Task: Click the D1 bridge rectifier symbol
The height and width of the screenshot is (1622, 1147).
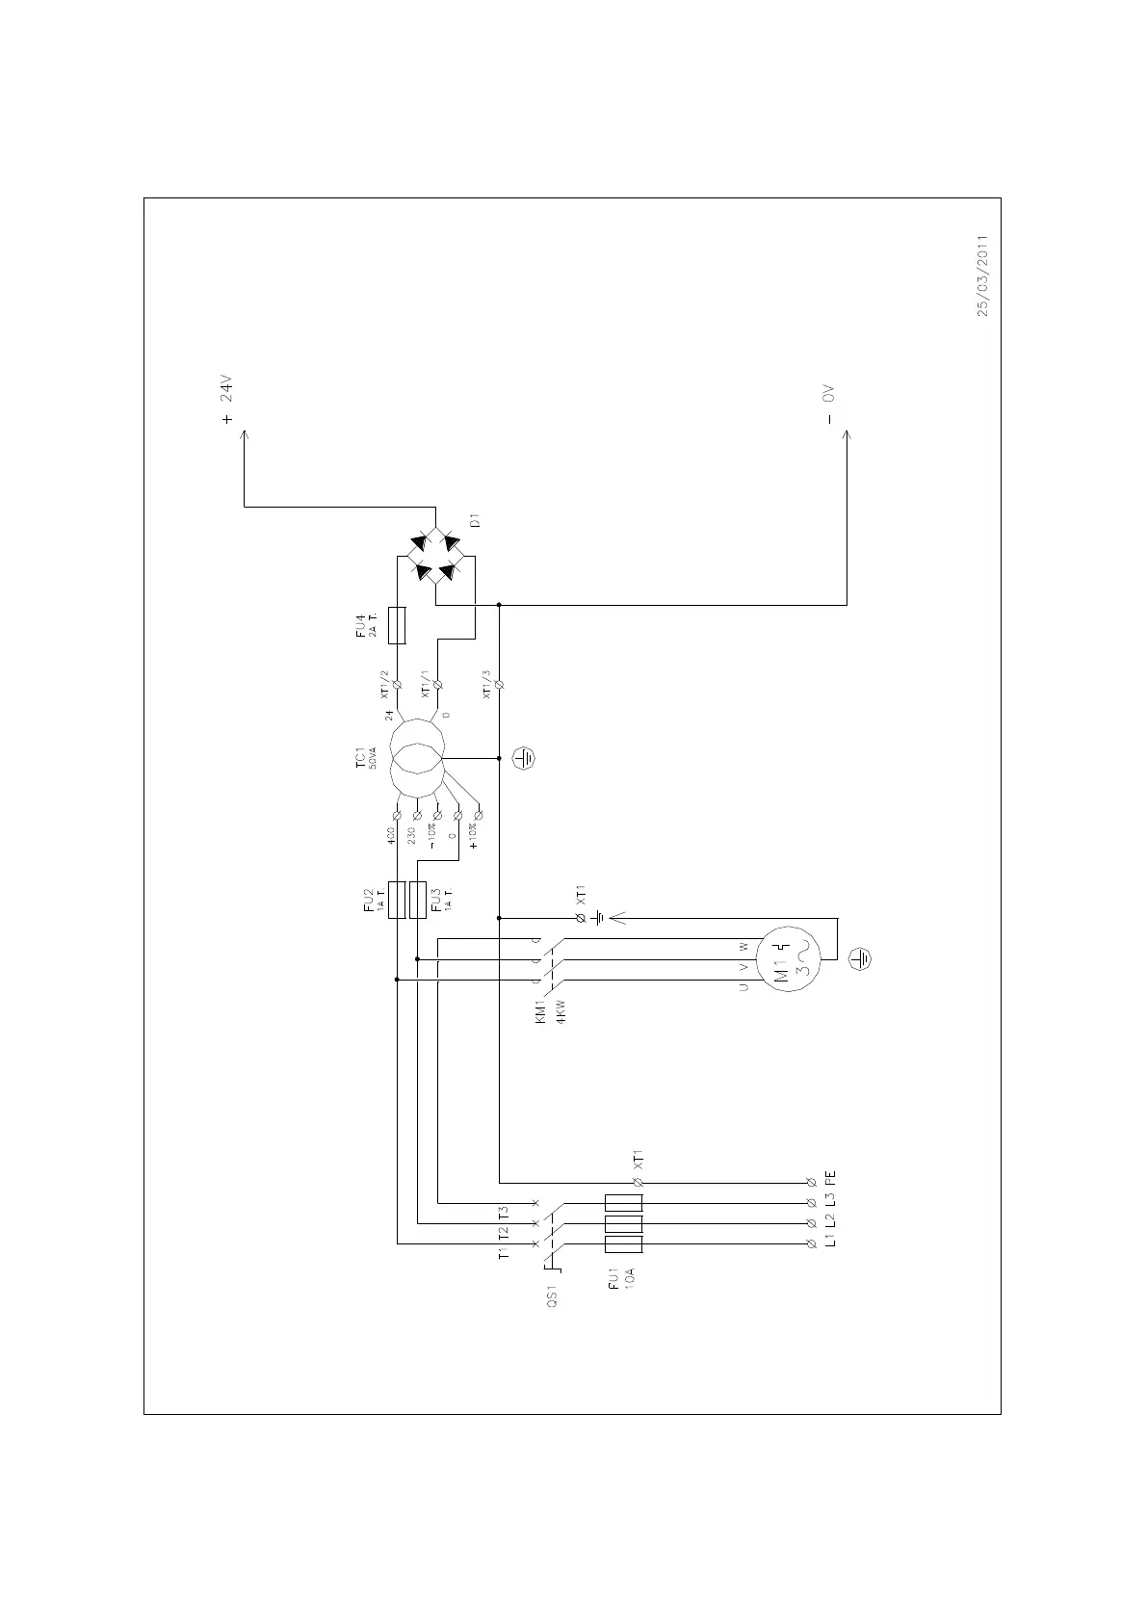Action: coord(436,558)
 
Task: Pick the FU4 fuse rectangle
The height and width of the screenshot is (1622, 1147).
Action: coord(397,625)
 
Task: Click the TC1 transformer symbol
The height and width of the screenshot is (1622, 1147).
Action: coord(416,758)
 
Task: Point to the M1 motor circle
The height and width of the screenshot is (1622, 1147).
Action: coord(788,960)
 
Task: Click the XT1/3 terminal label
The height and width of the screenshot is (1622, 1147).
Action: coord(487,686)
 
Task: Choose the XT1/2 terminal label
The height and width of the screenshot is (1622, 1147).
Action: coord(385,685)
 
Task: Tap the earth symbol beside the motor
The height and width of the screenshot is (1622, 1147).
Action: coord(861,958)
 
